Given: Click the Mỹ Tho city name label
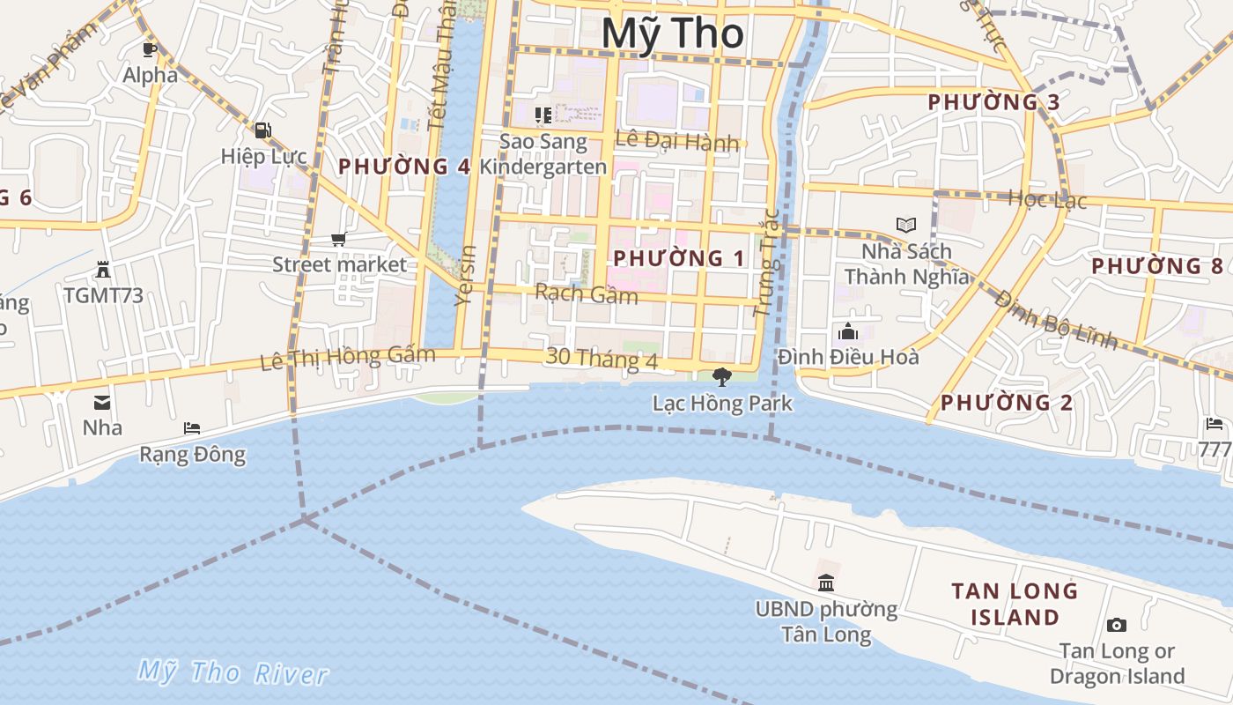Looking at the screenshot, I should point(674,33).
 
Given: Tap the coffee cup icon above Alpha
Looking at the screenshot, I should point(150,49).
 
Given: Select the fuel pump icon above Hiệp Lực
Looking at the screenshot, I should point(262,130).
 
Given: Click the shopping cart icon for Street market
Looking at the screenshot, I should point(339,239).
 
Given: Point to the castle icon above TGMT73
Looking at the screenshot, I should point(103,270).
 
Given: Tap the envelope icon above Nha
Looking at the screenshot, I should point(102,403).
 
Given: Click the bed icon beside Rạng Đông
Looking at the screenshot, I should point(192,428).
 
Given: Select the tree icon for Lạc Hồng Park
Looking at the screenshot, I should point(721,377).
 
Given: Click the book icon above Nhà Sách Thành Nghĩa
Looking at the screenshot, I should point(906,225).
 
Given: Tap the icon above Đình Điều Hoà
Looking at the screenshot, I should point(848,331).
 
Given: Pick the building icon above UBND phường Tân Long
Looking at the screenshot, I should point(826,583).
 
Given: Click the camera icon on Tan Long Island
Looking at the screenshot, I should point(1117,626).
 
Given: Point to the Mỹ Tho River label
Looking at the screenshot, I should point(233,673).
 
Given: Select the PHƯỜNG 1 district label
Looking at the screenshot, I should point(679,258).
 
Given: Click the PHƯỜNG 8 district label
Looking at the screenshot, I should point(1157,265).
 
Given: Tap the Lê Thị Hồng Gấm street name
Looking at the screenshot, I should point(348,358).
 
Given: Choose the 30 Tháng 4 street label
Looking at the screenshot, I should point(602,358).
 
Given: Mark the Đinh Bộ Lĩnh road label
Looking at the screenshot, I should point(1056,320).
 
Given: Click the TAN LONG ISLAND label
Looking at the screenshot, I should point(1015,604).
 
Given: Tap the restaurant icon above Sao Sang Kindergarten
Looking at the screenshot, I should point(543,115).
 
